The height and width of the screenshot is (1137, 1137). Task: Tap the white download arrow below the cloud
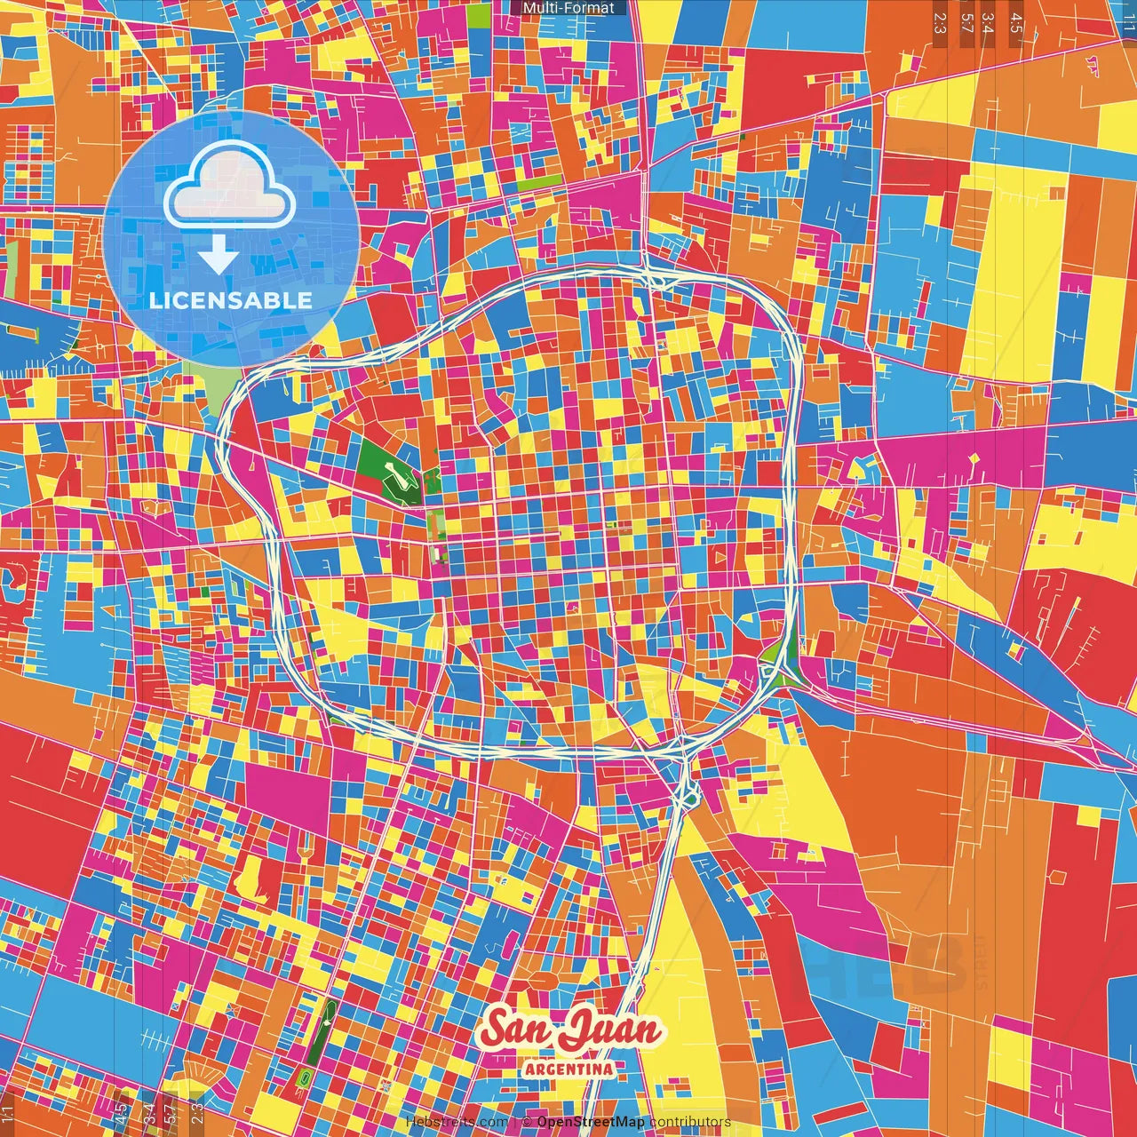218,258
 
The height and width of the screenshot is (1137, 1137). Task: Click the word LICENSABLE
231,300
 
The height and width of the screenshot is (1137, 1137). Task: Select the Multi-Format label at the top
568,8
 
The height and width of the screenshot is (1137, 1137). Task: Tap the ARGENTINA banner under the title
568,1069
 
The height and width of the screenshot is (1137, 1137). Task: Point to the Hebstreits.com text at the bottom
457,1122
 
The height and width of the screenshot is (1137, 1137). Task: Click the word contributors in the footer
690,1122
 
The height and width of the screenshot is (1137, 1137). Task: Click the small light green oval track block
306,1077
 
